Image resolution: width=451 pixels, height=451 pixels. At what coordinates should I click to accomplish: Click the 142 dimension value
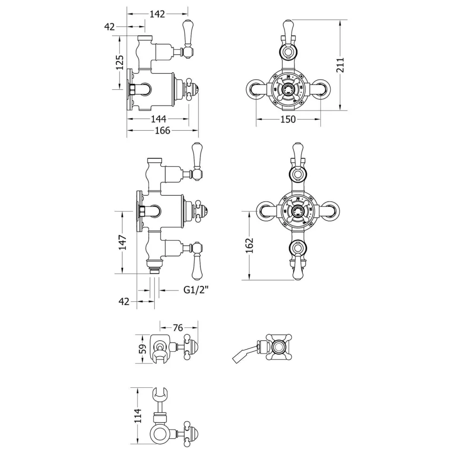[x=157, y=14]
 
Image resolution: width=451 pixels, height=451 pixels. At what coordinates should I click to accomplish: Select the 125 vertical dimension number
[x=120, y=63]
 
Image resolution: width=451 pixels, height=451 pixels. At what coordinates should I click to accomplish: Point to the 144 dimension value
[x=158, y=119]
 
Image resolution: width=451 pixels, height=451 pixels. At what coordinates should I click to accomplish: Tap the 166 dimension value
[x=162, y=131]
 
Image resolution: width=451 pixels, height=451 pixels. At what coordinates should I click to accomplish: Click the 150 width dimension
[x=288, y=120]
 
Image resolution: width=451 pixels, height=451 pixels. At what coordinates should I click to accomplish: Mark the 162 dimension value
[x=250, y=245]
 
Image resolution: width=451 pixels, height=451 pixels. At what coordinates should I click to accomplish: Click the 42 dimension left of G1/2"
[x=125, y=301]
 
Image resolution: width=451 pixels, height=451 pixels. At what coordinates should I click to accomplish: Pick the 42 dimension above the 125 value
[x=110, y=27]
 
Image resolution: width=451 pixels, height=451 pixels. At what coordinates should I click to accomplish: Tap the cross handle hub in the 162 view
[x=296, y=210]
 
